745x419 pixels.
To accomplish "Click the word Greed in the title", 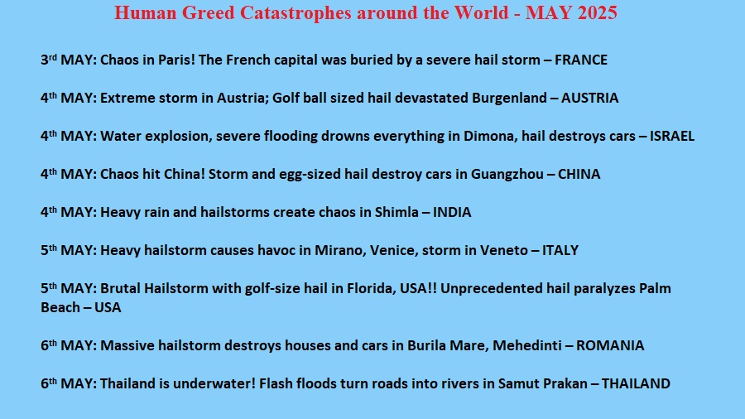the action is click(208, 13).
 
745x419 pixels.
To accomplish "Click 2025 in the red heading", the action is click(597, 12).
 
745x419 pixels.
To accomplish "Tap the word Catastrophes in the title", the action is click(296, 13).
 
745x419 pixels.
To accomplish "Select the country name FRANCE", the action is click(581, 60).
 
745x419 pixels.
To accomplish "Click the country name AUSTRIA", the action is click(589, 98).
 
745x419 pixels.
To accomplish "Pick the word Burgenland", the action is click(509, 99).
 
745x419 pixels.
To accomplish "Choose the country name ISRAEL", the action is click(672, 136).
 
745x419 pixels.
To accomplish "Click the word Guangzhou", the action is click(507, 175).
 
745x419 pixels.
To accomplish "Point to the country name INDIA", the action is click(452, 212).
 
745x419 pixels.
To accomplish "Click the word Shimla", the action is click(397, 212).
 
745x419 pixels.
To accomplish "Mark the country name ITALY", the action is click(560, 250).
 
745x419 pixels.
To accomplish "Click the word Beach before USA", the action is click(60, 307).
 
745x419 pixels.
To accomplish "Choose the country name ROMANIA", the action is click(610, 345).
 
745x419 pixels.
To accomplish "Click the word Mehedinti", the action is click(527, 345).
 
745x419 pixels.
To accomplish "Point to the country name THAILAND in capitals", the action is click(636, 383).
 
